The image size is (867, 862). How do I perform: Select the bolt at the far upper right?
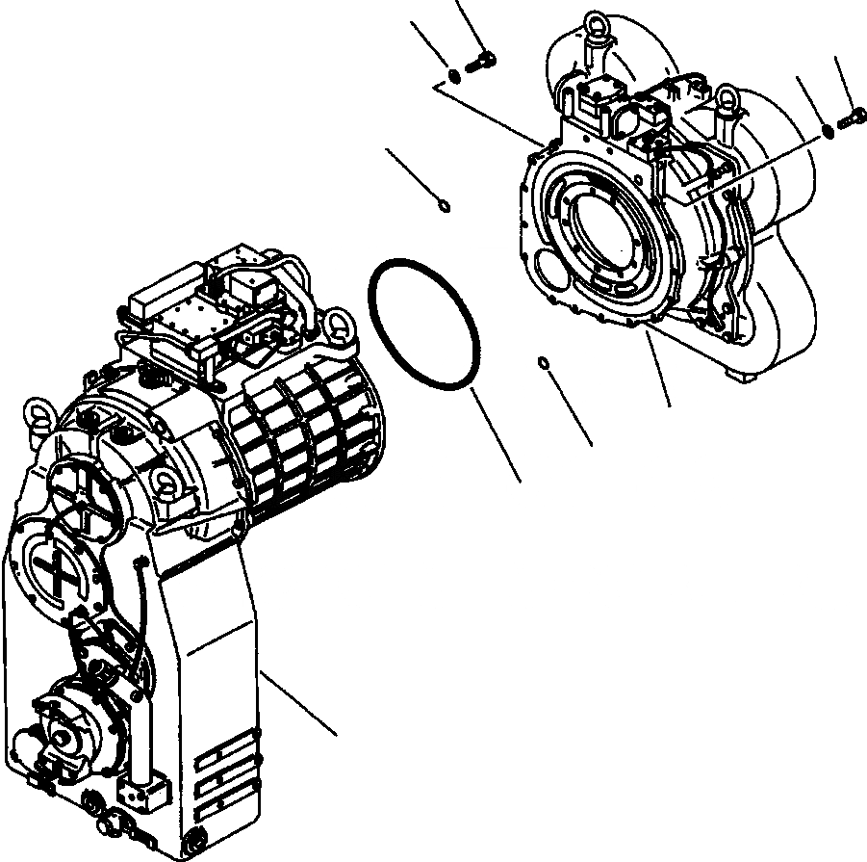(847, 120)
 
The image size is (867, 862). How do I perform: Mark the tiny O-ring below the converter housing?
(544, 363)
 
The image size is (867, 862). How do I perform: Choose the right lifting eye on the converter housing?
(727, 97)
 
